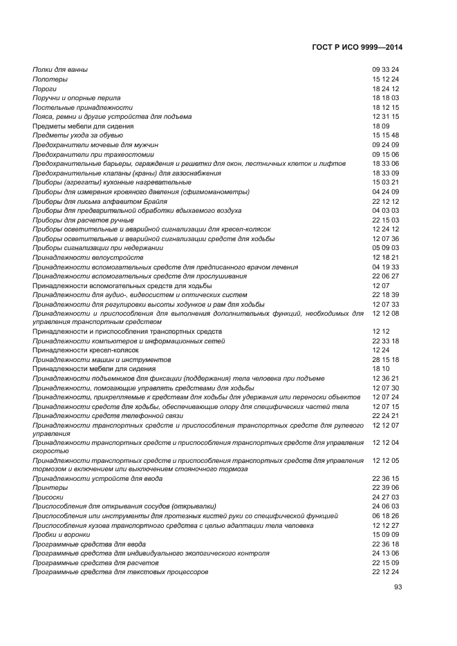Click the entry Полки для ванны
click(x=60, y=70)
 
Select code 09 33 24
click(x=386, y=70)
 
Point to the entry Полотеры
click(x=50, y=79)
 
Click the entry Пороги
click(x=45, y=89)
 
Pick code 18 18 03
click(x=386, y=98)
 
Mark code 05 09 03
click(x=386, y=247)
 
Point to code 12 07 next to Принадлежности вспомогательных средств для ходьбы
click(x=381, y=285)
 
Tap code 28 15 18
click(x=386, y=360)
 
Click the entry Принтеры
click(x=50, y=487)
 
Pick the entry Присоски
click(x=49, y=497)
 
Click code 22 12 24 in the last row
click(x=386, y=571)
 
